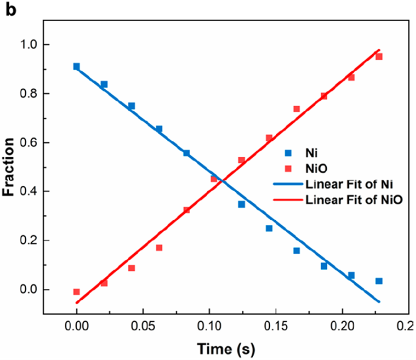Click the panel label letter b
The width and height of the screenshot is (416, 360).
[11, 10]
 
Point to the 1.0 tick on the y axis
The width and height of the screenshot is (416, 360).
[26, 44]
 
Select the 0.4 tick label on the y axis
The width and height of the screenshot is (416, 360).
[26, 191]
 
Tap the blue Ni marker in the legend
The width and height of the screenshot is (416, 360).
[289, 153]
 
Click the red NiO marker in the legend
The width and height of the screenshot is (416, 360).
[289, 169]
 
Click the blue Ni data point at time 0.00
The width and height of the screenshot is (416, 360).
[76, 67]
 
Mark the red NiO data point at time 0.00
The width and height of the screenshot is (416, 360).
[76, 292]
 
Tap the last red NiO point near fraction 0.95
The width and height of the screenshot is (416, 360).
[379, 57]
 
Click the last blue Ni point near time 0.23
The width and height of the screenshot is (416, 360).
[379, 281]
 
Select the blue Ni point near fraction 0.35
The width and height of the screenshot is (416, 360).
[241, 204]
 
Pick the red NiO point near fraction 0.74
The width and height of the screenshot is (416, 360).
[296, 109]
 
